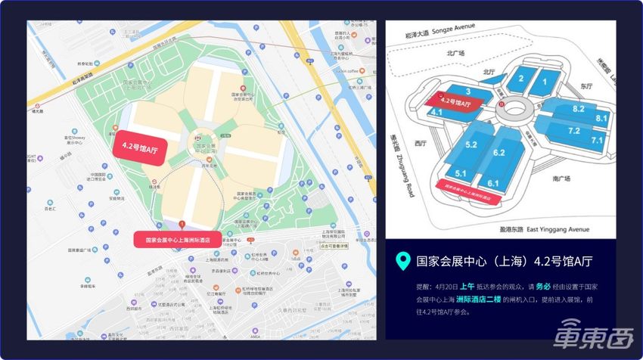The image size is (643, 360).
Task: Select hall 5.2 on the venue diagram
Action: (471, 144)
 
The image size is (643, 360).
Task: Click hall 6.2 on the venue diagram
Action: (499, 153)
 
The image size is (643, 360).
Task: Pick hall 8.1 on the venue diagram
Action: (601, 118)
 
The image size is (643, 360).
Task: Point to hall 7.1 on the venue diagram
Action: (597, 141)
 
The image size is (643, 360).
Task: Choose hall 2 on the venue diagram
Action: (521, 79)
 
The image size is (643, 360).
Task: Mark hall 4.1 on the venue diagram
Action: (436, 111)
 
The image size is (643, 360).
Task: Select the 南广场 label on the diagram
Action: (561, 178)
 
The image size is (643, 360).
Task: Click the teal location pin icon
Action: (404, 262)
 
